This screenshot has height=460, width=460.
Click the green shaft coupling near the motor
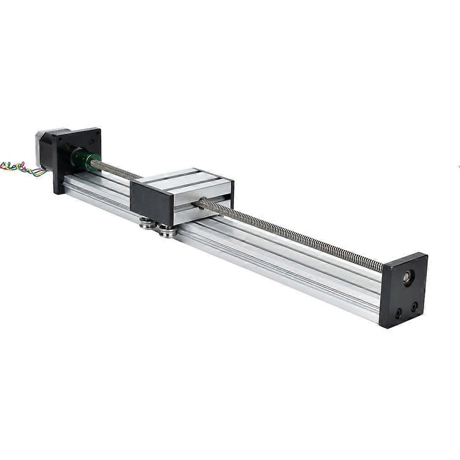point(84,159)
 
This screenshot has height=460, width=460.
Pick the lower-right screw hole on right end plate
point(415,305)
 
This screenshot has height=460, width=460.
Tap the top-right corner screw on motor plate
point(97,134)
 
